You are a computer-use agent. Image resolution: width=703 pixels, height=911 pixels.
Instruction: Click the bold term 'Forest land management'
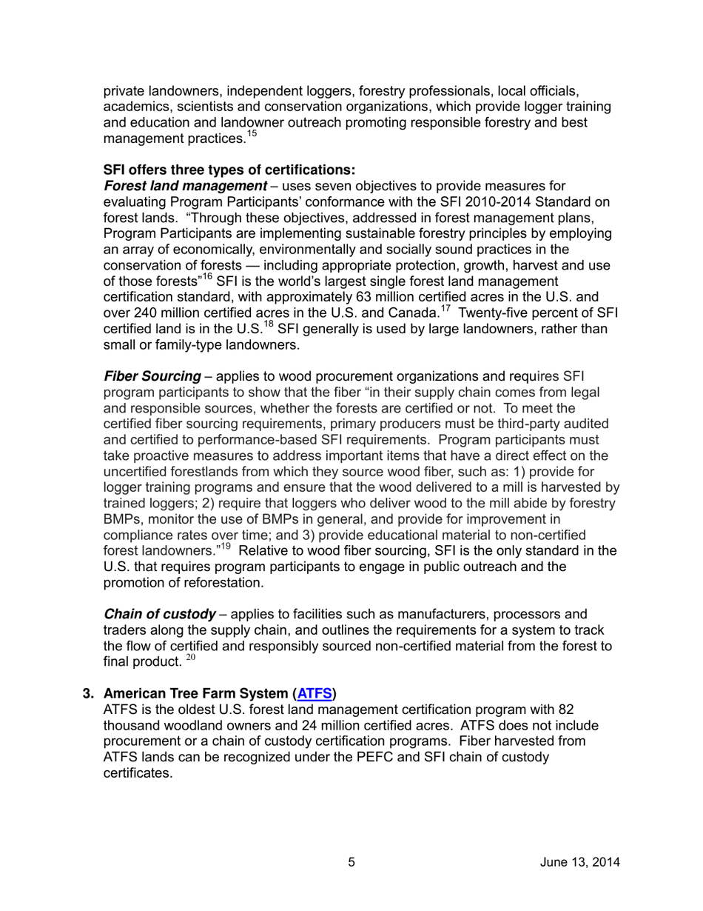tap(184, 185)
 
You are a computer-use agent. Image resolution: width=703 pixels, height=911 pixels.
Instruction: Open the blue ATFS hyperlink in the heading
tap(314, 694)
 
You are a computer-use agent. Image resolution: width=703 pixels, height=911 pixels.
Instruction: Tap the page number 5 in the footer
tap(351, 862)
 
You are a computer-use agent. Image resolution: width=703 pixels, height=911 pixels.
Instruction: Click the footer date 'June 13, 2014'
tap(579, 862)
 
